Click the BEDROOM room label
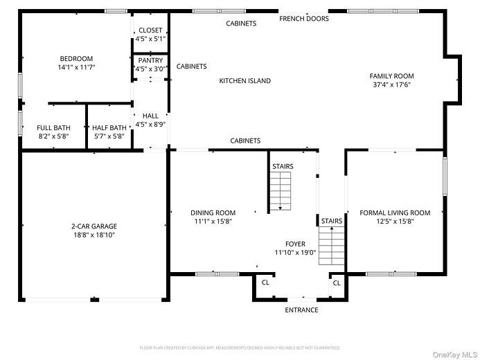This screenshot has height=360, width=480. pos(76,59)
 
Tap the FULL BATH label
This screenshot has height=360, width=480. pos(53,127)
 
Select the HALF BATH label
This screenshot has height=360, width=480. pos(109,127)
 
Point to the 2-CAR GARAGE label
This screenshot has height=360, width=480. pos(94,226)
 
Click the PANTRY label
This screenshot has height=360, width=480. pos(150,61)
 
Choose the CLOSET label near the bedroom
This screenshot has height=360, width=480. pos(150,30)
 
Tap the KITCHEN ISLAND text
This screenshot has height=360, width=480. pos(245,81)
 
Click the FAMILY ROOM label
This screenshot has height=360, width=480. pos(391,76)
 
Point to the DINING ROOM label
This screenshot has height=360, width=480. pos(213,213)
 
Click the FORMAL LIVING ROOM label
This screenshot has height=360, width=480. pos(395,213)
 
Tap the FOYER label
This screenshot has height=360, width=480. pos(295,244)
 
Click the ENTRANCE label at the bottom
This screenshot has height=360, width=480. pos(302,310)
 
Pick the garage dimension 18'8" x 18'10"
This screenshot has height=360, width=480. pos(94,235)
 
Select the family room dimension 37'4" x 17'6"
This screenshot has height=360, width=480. pos(391,85)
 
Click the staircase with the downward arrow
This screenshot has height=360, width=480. pos(281,191)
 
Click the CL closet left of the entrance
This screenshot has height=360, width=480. pos(265,283)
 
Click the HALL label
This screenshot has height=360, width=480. pos(150,116)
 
